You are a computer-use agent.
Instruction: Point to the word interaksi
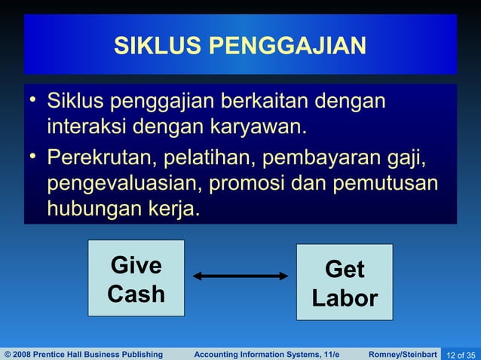(x=87, y=125)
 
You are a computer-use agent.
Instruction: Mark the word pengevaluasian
(x=125, y=184)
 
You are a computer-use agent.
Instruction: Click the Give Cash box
(x=136, y=278)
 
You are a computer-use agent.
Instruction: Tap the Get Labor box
(x=345, y=283)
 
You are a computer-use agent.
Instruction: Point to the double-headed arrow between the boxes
(x=240, y=276)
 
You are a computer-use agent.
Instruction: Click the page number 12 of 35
(x=461, y=354)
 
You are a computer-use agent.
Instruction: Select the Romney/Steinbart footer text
(x=403, y=354)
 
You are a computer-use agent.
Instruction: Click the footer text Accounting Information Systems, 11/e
(x=267, y=354)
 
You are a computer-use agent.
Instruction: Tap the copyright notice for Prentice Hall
(x=84, y=354)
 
